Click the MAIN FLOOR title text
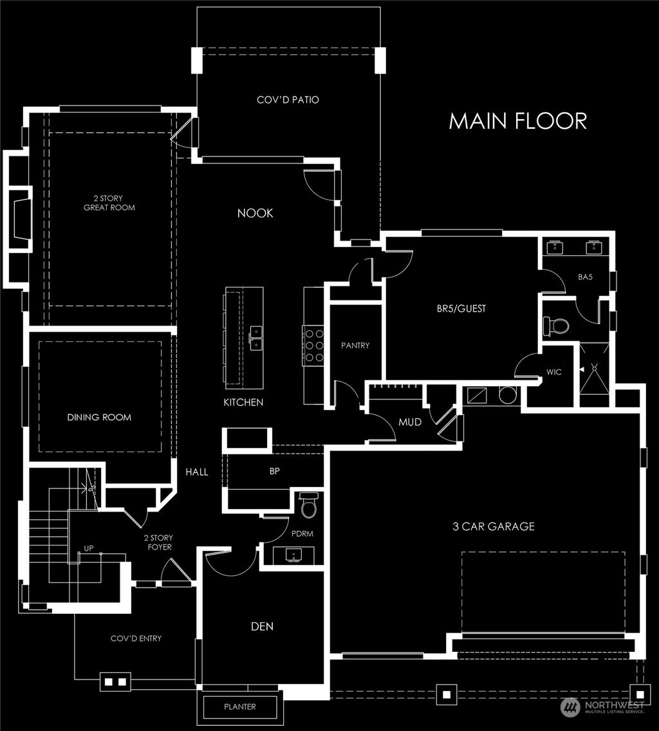click(x=517, y=121)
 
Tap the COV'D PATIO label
click(x=288, y=100)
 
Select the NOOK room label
click(x=255, y=213)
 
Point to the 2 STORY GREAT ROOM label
click(x=109, y=203)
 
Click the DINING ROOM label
click(x=99, y=417)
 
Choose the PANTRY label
click(x=355, y=346)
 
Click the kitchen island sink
click(x=256, y=337)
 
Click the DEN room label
click(x=263, y=626)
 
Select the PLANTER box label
click(x=240, y=707)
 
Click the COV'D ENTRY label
click(x=136, y=638)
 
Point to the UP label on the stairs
click(x=89, y=549)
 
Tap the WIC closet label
click(x=554, y=372)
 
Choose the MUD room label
click(x=410, y=423)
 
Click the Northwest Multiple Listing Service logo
click(x=603, y=708)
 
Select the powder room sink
click(x=294, y=555)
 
